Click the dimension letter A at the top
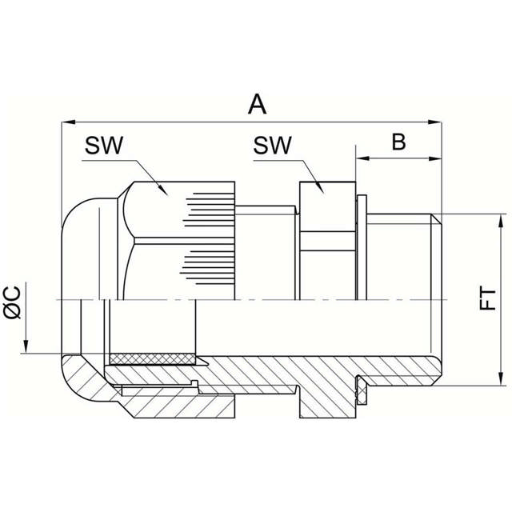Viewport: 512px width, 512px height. coord(256,104)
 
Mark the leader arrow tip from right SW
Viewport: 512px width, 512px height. coord(322,191)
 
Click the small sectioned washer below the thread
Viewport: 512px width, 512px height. coord(361,392)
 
